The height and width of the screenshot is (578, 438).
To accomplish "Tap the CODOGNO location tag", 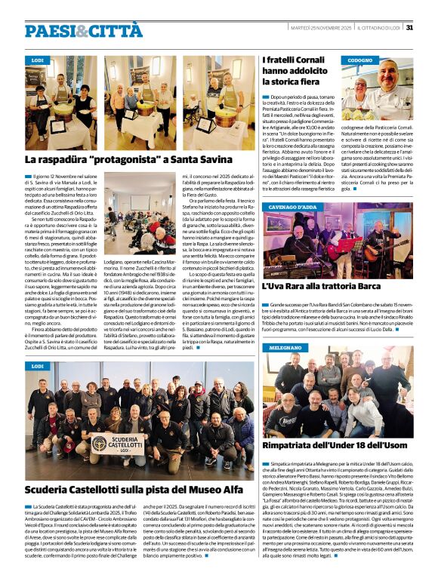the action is point(360,60).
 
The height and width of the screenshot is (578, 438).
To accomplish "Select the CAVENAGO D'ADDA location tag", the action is point(292,207).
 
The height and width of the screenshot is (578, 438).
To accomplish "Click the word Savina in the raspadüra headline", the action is point(212,160).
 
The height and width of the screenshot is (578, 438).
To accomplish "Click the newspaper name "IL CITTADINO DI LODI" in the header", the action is point(380,28).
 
